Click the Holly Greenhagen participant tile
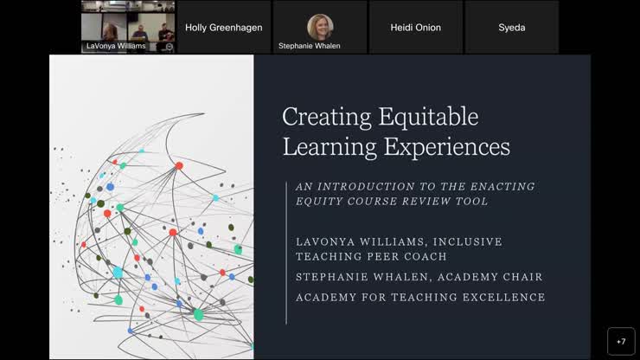222,27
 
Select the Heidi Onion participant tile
414,27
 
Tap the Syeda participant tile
511,27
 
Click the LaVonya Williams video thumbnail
128,27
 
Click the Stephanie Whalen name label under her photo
309,46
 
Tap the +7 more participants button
621,341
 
